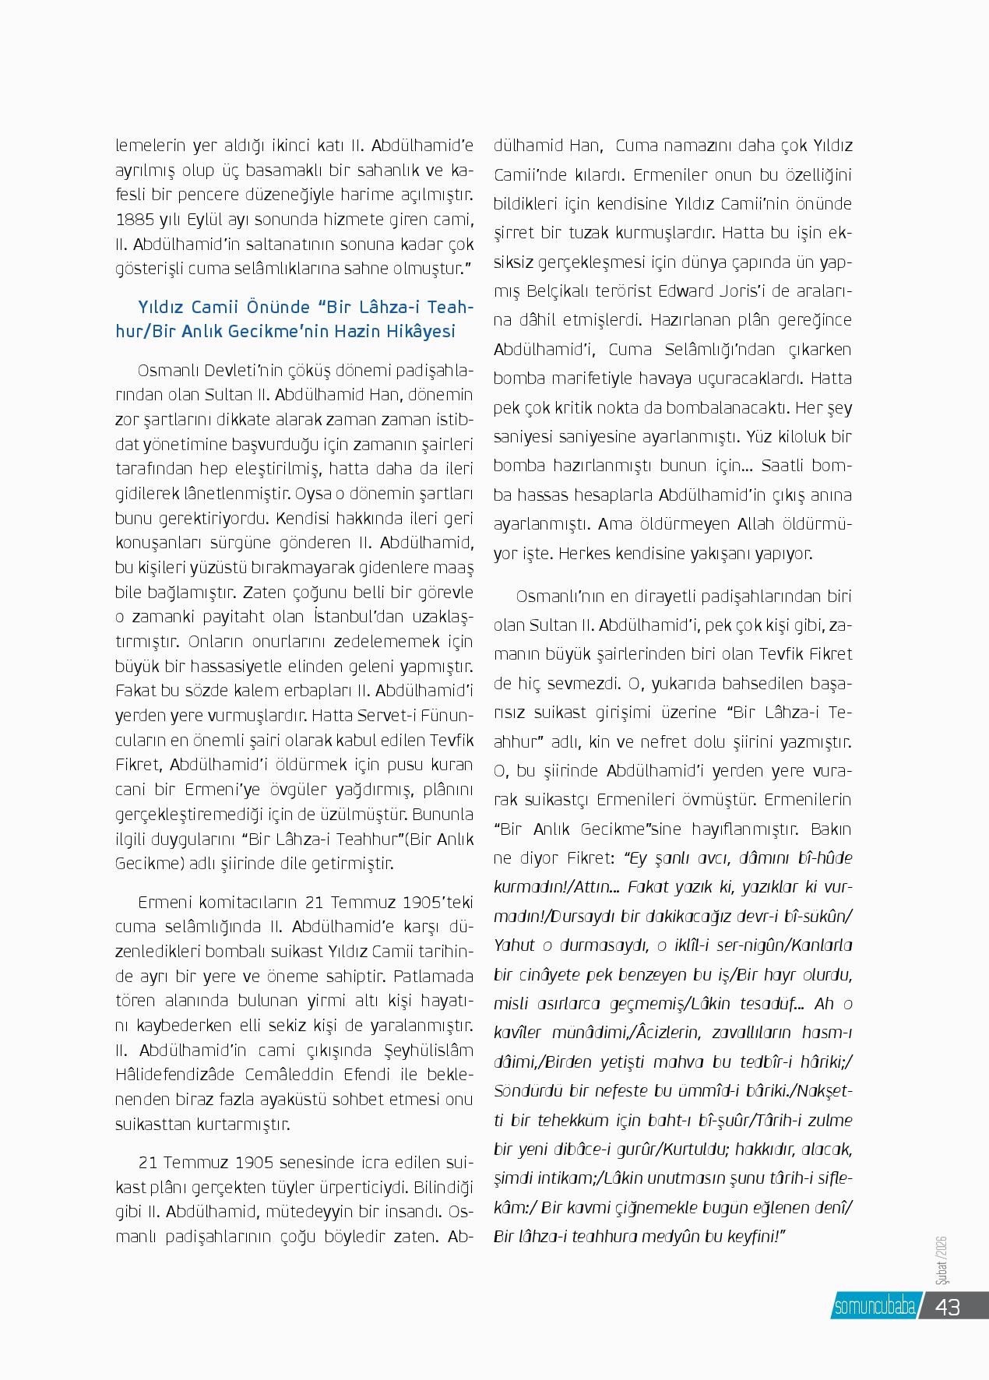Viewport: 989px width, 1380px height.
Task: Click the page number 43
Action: [x=947, y=1307]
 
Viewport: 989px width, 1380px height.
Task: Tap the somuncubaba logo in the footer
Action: [x=874, y=1307]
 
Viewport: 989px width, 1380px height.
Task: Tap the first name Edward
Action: [x=684, y=290]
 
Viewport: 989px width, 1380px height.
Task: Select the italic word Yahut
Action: [x=514, y=945]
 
